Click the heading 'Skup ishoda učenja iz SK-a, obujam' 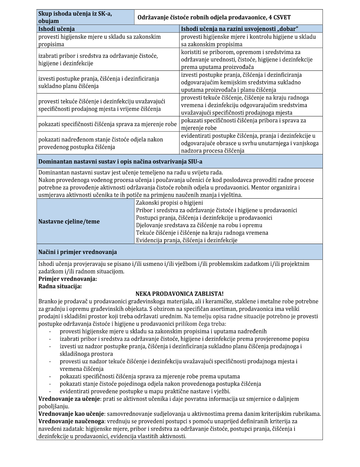75,17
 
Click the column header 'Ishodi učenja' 57,29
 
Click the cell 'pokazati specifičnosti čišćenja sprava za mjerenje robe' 108,124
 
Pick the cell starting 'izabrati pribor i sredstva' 98,60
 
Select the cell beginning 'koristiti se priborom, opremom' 246,60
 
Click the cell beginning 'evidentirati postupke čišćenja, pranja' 250,143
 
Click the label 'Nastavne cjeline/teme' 69,221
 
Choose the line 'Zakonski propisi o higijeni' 170,203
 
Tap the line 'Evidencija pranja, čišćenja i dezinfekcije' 186,240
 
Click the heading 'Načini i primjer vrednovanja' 78,252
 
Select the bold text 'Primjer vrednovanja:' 68,279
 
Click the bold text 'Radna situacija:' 60,286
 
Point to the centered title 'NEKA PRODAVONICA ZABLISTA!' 179,294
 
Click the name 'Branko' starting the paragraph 47,301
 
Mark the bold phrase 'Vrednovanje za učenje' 69,399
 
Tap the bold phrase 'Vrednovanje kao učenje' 71,414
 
